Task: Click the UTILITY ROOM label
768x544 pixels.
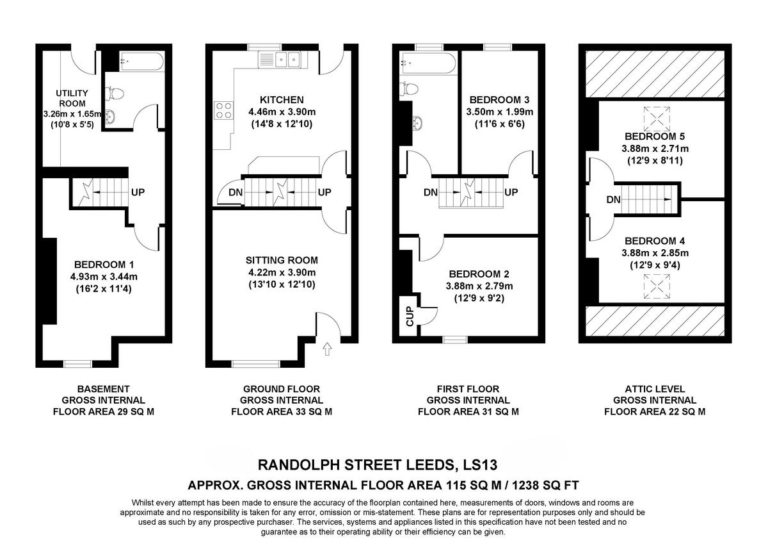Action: coord(73,98)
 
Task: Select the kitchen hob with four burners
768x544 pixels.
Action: coord(225,110)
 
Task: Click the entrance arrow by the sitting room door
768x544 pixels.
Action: coord(328,349)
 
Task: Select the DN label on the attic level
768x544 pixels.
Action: coord(613,200)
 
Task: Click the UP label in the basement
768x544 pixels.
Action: coord(138,191)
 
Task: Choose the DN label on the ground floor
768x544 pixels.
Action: coord(236,192)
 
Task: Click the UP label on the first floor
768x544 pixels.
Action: coord(511,192)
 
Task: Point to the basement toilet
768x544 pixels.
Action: coord(115,94)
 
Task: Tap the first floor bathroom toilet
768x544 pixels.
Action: coord(409,88)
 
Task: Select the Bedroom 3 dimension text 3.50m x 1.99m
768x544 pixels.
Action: coord(500,111)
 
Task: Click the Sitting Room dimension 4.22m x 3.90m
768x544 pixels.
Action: coord(282,272)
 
